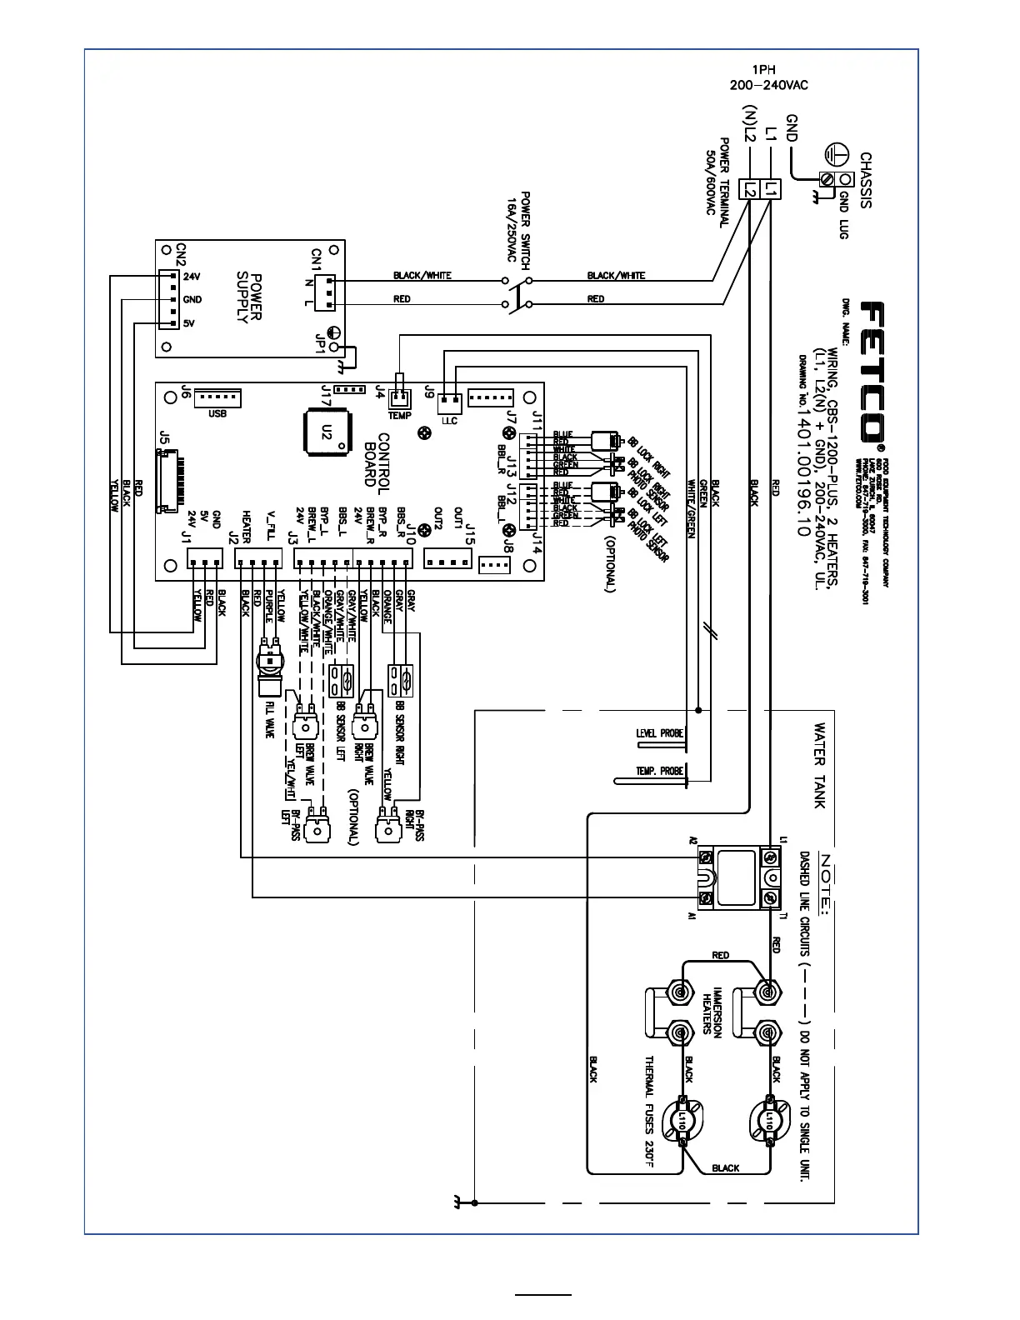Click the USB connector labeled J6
217,397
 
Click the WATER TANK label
820,765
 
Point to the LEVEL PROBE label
659,733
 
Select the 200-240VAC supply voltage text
768,85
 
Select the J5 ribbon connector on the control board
167,481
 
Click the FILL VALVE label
270,718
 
